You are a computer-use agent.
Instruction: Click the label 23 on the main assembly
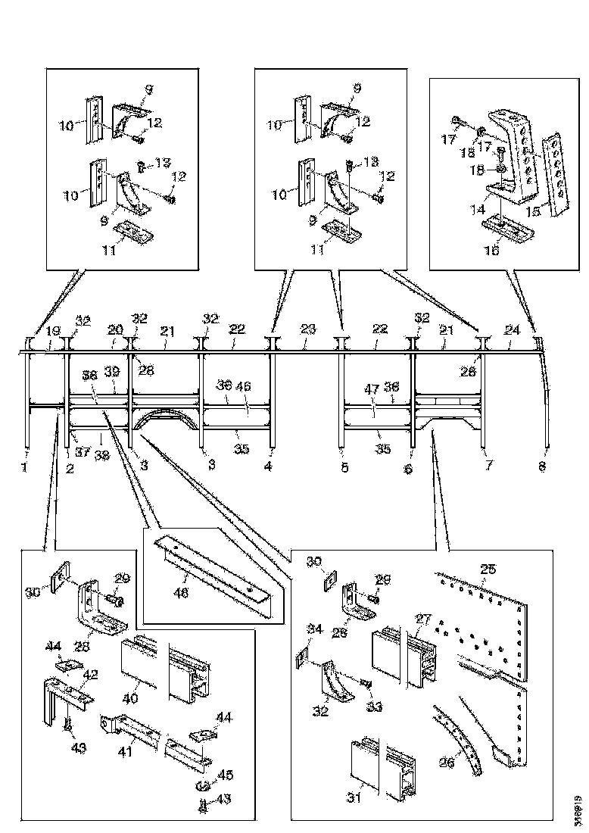pos(307,329)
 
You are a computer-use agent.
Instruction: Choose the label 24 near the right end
pos(513,330)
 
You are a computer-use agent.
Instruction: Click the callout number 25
pos(488,568)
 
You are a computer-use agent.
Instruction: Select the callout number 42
pos(89,673)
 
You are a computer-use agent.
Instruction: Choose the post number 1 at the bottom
pos(24,467)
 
